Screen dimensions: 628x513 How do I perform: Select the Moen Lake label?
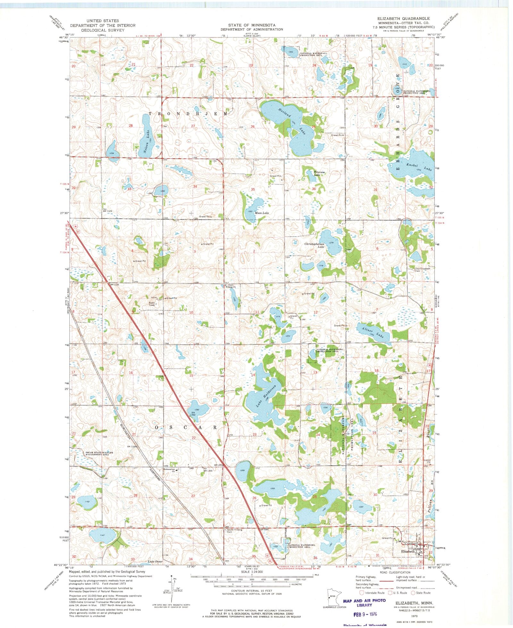click(262, 213)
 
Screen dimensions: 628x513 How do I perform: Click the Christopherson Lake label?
click(314, 246)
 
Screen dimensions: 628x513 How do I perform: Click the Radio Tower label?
click(152, 304)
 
